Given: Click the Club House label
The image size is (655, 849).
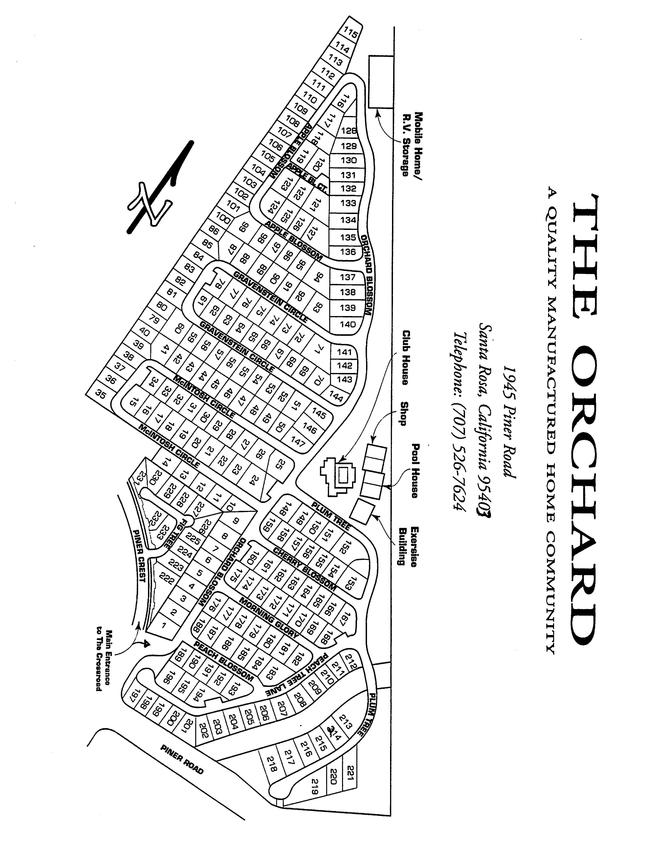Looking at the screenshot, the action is coord(405,358).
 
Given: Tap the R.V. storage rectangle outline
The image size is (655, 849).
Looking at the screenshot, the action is coord(381,82).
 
